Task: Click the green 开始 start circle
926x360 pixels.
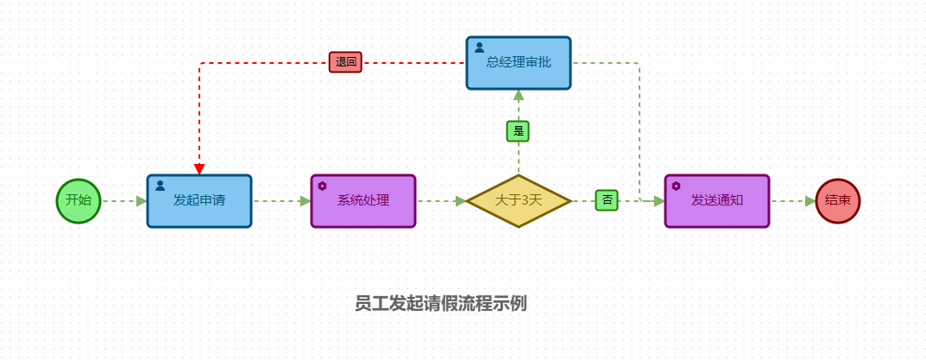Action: tap(79, 200)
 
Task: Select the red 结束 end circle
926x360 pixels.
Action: tap(837, 200)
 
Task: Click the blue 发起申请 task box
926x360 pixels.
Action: tap(199, 200)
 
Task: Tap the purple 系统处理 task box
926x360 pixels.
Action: tap(363, 200)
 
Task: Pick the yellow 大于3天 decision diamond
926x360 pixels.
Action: tap(519, 200)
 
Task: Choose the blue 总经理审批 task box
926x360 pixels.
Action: tap(519, 62)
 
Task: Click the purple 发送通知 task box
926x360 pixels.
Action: tap(716, 200)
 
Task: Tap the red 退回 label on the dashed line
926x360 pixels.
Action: tap(345, 62)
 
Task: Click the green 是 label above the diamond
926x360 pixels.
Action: tap(518, 131)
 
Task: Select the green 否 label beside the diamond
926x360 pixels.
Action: tap(608, 200)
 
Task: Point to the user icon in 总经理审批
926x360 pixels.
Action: tap(479, 47)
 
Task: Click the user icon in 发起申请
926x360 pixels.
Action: tap(160, 185)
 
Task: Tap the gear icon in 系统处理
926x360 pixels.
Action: tap(323, 186)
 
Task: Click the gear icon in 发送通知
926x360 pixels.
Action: tap(677, 186)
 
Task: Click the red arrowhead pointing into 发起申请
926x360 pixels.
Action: tap(199, 168)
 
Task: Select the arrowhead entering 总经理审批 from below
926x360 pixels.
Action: tap(519, 95)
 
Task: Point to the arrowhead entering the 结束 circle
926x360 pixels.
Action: tap(809, 201)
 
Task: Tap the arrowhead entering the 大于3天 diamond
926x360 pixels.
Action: tap(461, 201)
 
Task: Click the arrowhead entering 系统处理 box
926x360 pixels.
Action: tap(306, 201)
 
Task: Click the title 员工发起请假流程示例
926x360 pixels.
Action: tap(440, 303)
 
